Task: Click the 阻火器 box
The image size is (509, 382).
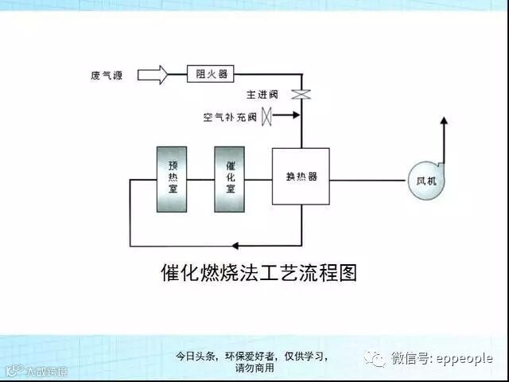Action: pos(212,75)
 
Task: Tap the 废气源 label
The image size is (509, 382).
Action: pos(107,76)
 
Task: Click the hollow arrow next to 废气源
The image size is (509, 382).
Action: pos(152,76)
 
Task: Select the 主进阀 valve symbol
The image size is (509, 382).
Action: pos(301,95)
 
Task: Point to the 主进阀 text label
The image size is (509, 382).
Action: pos(275,95)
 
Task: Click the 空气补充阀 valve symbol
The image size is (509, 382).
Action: pos(268,116)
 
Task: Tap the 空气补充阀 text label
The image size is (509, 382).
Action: pos(230,118)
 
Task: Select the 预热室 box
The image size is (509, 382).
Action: pos(173,179)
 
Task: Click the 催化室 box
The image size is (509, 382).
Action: pos(230,179)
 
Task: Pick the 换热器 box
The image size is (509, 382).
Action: pos(301,177)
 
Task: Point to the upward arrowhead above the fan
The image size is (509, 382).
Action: pos(444,122)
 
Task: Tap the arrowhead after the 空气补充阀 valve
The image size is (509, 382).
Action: pos(296,116)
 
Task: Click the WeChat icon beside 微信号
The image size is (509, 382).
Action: pos(375,359)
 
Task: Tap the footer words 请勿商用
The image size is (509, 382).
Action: pos(254,368)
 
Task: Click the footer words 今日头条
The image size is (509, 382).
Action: pos(196,357)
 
